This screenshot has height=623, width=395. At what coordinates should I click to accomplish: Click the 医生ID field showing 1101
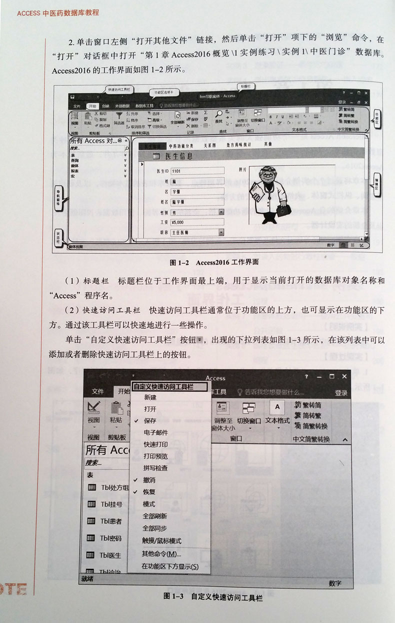pyautogui.click(x=192, y=171)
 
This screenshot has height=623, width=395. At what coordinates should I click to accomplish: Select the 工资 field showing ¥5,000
pyautogui.click(x=192, y=222)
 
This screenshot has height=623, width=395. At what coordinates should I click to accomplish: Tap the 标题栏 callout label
pyautogui.click(x=246, y=86)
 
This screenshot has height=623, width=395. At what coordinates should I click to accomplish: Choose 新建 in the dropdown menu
pyautogui.click(x=150, y=397)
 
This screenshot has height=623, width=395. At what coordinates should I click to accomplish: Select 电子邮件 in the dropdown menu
pyautogui.click(x=155, y=432)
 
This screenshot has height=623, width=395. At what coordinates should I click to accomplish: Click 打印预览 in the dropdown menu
pyautogui.click(x=155, y=456)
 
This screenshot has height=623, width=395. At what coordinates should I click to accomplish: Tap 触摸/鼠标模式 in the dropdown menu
pyautogui.click(x=162, y=541)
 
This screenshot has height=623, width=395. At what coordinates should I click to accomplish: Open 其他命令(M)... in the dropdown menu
pyautogui.click(x=161, y=553)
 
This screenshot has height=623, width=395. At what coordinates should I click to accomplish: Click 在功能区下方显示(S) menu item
pyautogui.click(x=170, y=566)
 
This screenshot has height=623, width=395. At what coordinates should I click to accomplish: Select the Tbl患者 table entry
pyautogui.click(x=111, y=521)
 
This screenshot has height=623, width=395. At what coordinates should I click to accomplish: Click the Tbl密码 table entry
pyautogui.click(x=111, y=538)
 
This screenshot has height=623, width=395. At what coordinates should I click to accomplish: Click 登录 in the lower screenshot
pyautogui.click(x=341, y=393)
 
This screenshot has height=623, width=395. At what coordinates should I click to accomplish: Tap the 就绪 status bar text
pyautogui.click(x=87, y=579)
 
